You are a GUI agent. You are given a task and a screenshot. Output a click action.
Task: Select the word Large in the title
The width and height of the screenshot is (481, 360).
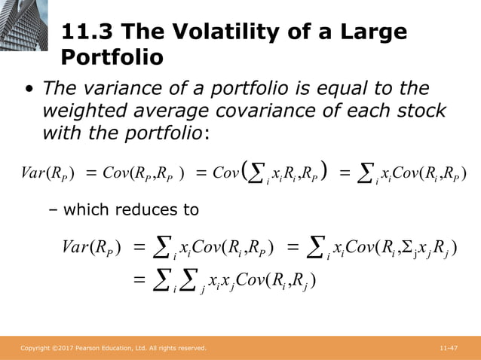click(x=369, y=32)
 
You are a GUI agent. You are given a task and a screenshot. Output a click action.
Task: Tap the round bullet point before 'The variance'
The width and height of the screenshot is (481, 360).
click(x=29, y=90)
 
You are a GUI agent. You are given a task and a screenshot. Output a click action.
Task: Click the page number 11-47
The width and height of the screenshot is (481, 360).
click(x=449, y=349)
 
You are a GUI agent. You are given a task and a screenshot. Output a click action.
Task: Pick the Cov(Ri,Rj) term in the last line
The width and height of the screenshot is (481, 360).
click(x=278, y=281)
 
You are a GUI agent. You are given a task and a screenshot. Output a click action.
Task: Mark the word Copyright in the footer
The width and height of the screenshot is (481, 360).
click(x=35, y=349)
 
